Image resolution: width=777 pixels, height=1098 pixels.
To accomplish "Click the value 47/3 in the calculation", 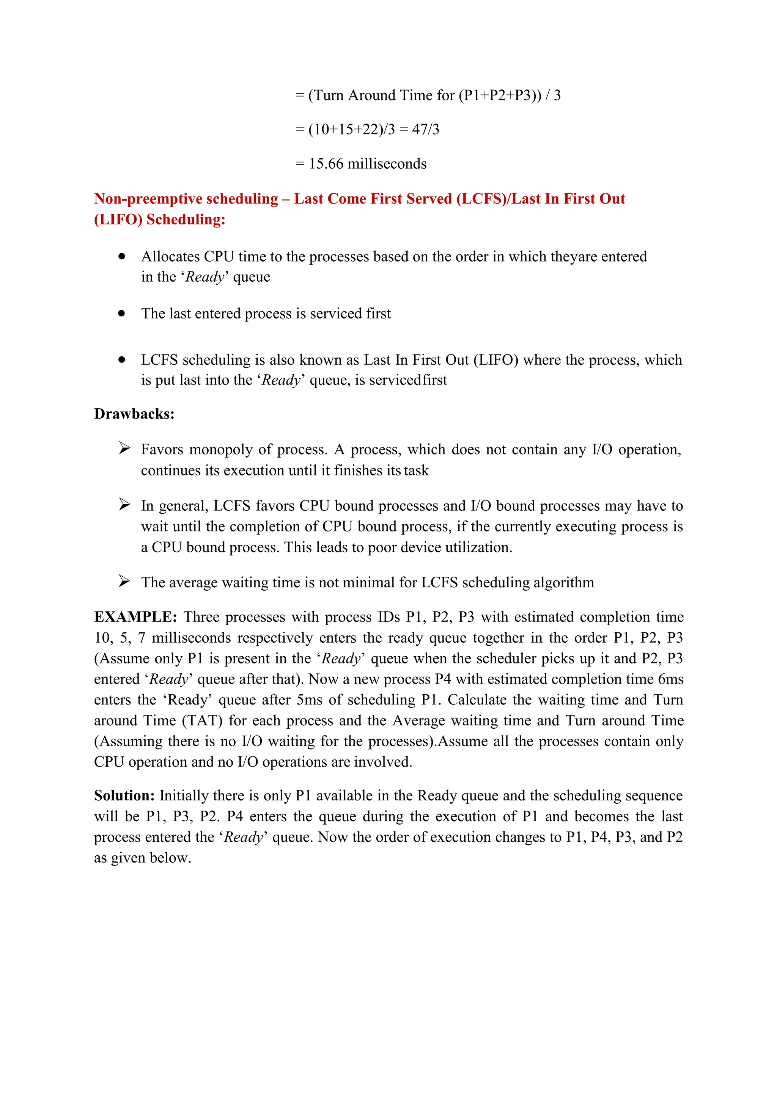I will (x=425, y=130).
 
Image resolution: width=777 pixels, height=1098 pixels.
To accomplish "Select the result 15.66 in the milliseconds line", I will (x=326, y=164).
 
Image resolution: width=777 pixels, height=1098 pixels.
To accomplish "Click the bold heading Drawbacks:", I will (x=134, y=414).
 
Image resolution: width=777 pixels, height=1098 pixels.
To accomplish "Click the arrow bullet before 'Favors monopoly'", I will (x=124, y=449).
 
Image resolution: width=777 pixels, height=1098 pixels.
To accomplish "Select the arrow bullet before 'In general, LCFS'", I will (x=124, y=505).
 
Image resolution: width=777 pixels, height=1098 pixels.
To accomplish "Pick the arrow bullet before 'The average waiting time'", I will (x=124, y=582).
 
